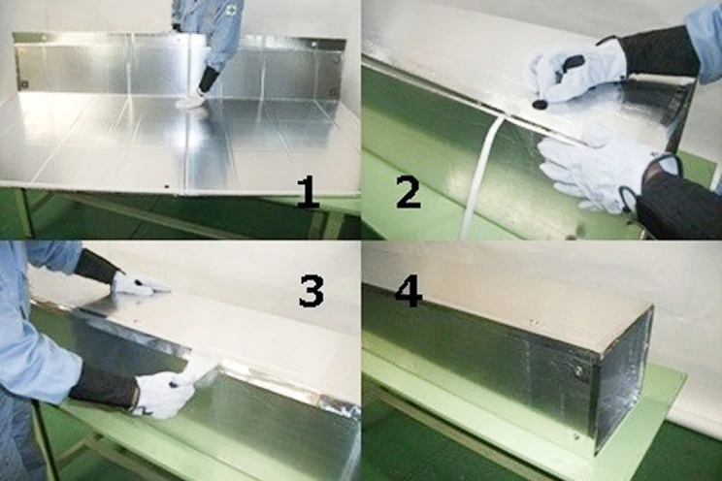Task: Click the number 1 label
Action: pyautogui.click(x=308, y=192)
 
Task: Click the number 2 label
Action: pyautogui.click(x=408, y=192)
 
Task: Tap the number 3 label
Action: pyautogui.click(x=311, y=290)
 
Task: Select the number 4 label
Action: pyautogui.click(x=408, y=290)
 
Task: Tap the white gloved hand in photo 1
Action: pyautogui.click(x=190, y=99)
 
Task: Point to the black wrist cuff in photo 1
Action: pyautogui.click(x=208, y=79)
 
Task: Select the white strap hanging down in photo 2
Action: pyautogui.click(x=478, y=175)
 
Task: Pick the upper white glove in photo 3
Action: pyautogui.click(x=136, y=284)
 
